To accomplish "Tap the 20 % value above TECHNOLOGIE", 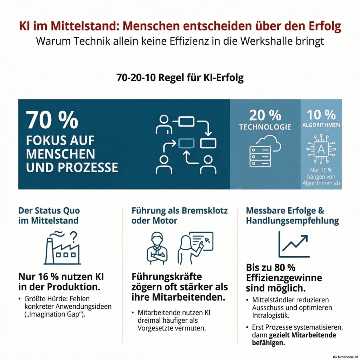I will coord(265,115).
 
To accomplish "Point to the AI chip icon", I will coord(321,149).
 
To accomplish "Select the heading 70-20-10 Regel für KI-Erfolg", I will coord(180,78).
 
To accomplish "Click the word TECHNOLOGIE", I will coord(265,127).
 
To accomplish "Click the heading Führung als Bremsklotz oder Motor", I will coord(180,216).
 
